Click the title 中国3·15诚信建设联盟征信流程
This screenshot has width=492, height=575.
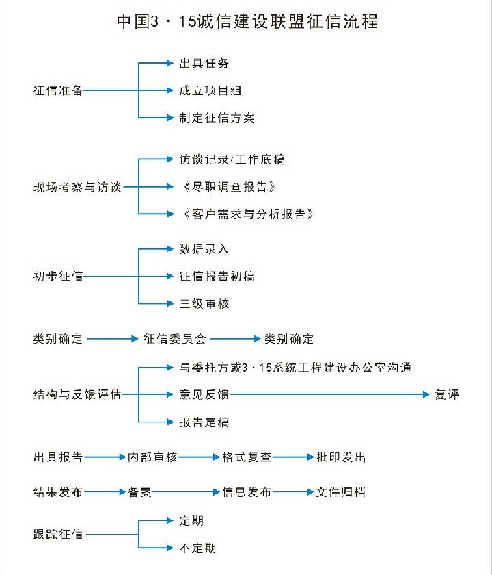point(247,21)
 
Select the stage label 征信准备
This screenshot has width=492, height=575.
point(58,90)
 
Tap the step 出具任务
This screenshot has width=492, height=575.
point(204,64)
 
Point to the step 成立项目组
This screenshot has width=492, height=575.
point(210,90)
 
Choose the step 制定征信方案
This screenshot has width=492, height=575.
point(217,118)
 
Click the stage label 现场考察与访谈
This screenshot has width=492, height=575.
point(77,187)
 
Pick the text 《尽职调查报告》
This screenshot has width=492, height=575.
point(229,187)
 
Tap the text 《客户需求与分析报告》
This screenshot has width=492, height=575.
point(248,214)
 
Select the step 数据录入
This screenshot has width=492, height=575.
point(204,249)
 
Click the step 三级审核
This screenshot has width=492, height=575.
point(204,304)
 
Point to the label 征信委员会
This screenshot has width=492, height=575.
point(175,339)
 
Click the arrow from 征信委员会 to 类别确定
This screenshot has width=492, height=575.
point(235,339)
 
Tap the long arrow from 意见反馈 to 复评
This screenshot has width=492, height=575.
point(329,394)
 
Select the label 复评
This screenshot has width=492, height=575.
point(447,394)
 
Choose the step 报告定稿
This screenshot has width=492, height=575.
point(204,422)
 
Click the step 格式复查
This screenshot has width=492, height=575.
point(247,457)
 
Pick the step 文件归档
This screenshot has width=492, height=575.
point(341,492)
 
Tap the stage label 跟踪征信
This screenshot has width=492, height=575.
point(58,535)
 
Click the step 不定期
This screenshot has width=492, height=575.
point(197,548)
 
